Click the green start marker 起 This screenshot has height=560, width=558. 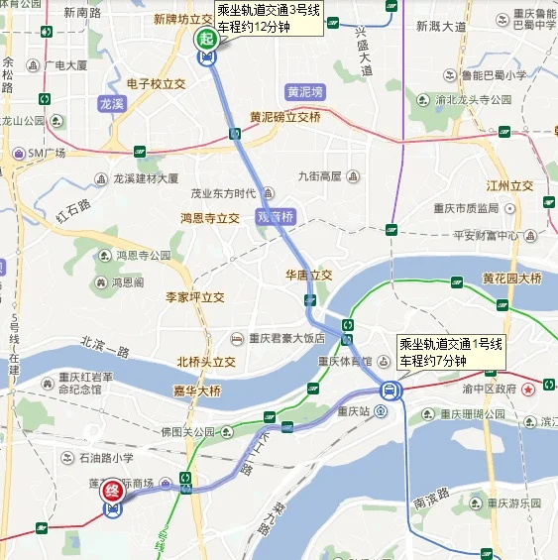point(206,39)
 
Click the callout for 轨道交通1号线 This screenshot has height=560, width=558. point(450,350)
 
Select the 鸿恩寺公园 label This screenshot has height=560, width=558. point(144,256)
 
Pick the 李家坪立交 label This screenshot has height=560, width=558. point(194,297)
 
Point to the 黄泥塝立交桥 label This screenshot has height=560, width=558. point(284,117)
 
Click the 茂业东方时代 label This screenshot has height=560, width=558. point(224,193)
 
